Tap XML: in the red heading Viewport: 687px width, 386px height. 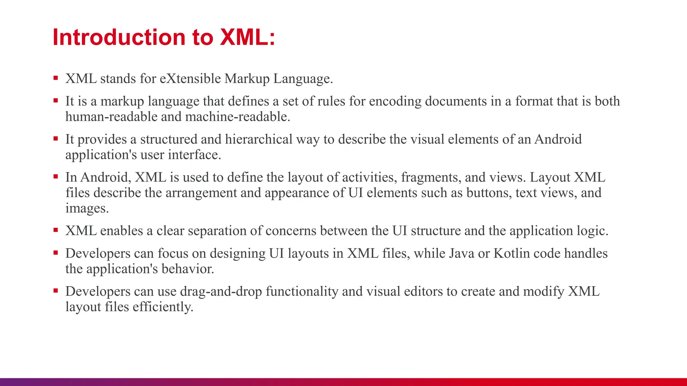point(247,37)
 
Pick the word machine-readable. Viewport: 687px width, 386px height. point(237,117)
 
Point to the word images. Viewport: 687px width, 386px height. point(87,208)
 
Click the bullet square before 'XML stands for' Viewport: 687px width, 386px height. point(56,78)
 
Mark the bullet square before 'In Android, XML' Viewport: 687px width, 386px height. point(56,177)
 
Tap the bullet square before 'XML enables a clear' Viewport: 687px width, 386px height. point(56,231)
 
